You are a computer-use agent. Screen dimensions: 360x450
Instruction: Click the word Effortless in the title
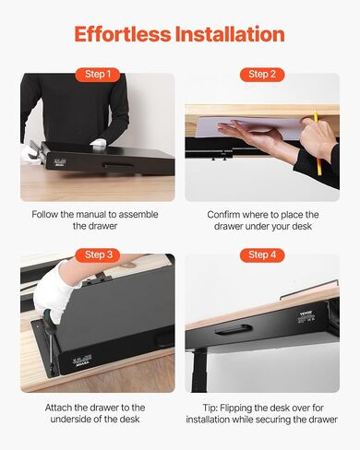123,34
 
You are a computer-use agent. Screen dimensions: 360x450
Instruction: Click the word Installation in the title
230,34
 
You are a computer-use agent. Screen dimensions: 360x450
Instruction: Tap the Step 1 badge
98,75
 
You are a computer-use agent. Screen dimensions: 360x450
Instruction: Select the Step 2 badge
262,75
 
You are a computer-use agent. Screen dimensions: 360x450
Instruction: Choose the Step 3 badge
98,255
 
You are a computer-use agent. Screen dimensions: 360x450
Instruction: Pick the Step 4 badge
262,255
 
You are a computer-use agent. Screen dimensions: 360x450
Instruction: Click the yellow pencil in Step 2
317,141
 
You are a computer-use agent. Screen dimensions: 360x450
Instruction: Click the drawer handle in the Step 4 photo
234,329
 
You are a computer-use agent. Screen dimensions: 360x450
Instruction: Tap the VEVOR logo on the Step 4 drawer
306,314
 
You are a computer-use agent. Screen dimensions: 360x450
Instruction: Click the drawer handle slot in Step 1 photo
118,165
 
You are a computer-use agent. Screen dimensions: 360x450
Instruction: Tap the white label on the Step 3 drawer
82,360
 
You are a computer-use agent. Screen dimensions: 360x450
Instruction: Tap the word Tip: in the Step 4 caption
210,408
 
